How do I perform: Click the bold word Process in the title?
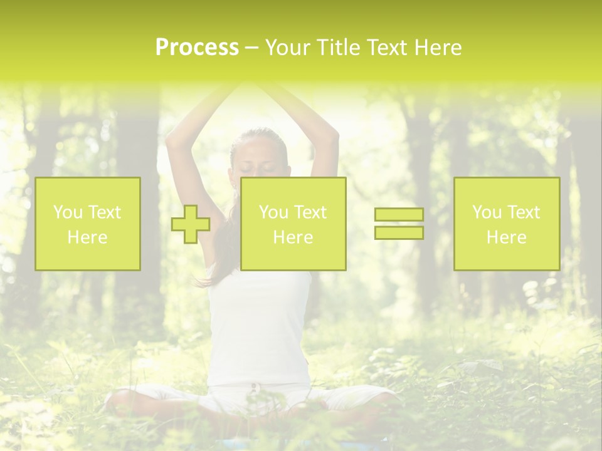pyautogui.click(x=197, y=48)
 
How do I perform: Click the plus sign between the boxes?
pyautogui.click(x=191, y=224)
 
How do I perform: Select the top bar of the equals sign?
pyautogui.click(x=399, y=215)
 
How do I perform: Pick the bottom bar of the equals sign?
pyautogui.click(x=399, y=233)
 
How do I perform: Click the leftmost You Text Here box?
pyautogui.click(x=88, y=224)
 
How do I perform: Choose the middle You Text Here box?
pyautogui.click(x=293, y=224)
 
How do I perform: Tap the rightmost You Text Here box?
pyautogui.click(x=507, y=224)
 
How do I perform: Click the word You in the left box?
pyautogui.click(x=67, y=212)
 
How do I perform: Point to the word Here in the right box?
pyautogui.click(x=507, y=237)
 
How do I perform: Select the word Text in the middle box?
pyautogui.click(x=310, y=212)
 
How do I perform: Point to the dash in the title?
pyautogui.click(x=251, y=48)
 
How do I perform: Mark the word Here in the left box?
pyautogui.click(x=88, y=237)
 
